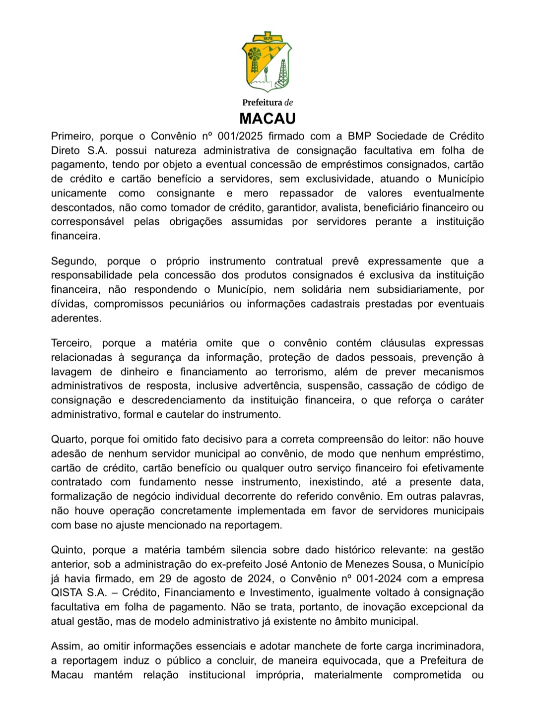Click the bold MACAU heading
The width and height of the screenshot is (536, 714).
point(268,119)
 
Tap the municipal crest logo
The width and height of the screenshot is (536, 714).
point(267,62)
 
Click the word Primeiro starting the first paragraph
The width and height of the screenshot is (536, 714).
point(71,136)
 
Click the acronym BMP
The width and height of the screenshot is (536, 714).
point(359,136)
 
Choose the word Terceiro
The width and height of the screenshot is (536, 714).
point(71,343)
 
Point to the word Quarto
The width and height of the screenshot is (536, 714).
point(68,439)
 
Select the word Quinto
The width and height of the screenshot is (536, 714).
point(68,550)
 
